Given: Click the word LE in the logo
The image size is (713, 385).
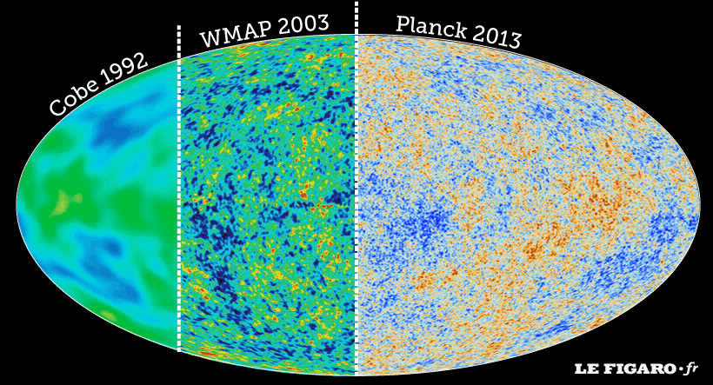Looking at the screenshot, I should tap(583, 370).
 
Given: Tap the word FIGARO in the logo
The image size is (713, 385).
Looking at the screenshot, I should tap(634, 370).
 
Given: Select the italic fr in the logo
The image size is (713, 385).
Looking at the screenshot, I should tap(691, 369).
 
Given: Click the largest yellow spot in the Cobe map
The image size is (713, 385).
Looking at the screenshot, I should tap(63, 203).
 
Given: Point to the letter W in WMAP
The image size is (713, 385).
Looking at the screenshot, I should tap(211, 40).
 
